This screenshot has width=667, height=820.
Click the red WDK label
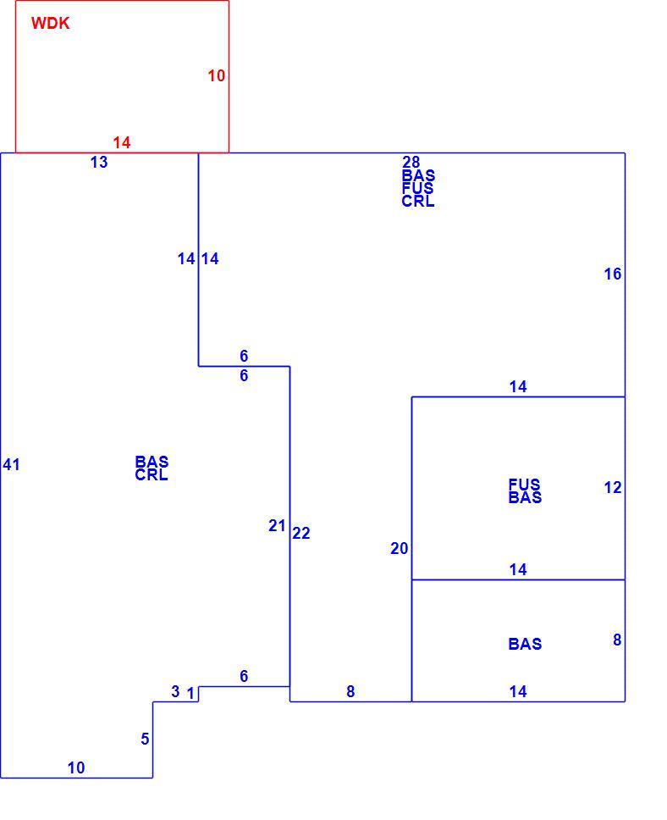pos(50,24)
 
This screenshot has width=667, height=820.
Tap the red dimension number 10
pos(217,76)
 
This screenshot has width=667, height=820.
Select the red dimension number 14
pos(122,142)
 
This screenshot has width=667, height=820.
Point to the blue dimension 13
pos(99,162)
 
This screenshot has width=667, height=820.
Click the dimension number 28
pos(411,162)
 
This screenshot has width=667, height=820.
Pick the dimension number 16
pos(613,274)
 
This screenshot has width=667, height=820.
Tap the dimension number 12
pos(613,487)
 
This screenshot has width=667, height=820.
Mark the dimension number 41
pos(12,464)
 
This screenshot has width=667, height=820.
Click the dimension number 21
pos(277,525)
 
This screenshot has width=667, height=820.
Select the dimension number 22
pos(301,533)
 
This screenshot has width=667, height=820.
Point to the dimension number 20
pos(400,549)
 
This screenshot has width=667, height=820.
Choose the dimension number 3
pos(175,691)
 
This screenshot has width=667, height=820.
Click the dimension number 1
pos(190,694)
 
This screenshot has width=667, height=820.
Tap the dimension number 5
pos(145,739)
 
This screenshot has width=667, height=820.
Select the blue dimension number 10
pos(76,767)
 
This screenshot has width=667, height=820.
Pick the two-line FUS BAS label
pos(525,491)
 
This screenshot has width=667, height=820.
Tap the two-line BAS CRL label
pos(152,468)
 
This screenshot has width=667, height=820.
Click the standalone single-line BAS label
pos(525,644)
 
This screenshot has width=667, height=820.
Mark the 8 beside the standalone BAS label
pos(617,640)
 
